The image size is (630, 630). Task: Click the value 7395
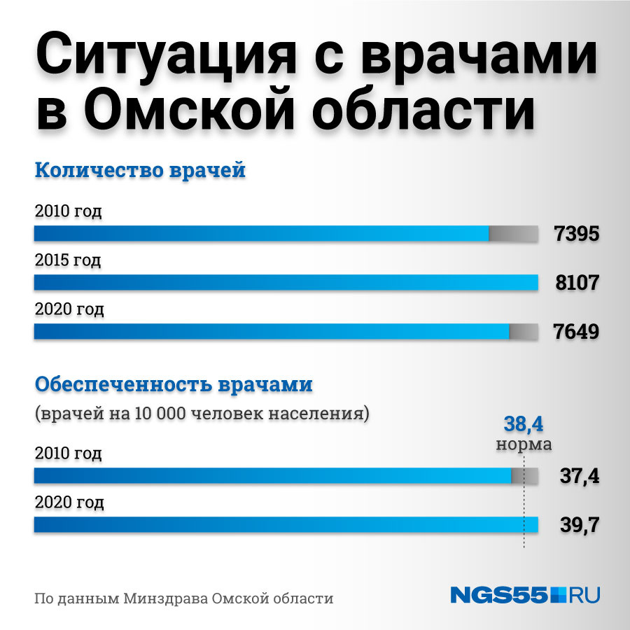pyautogui.click(x=577, y=233)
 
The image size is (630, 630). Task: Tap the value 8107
pyautogui.click(x=577, y=283)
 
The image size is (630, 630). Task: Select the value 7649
pyautogui.click(x=576, y=332)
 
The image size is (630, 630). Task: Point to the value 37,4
pyautogui.click(x=580, y=476)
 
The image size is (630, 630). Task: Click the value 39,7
pyautogui.click(x=580, y=525)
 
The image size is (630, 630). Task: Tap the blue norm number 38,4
pyautogui.click(x=523, y=424)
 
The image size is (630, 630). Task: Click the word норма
pyautogui.click(x=524, y=444)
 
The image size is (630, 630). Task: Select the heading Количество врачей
pyautogui.click(x=140, y=170)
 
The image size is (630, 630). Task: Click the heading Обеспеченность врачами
pyautogui.click(x=174, y=384)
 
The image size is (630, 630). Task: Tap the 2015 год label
pyautogui.click(x=68, y=260)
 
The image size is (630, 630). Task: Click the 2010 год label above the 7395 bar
pyautogui.click(x=69, y=211)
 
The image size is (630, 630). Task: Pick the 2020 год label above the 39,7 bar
pyautogui.click(x=69, y=502)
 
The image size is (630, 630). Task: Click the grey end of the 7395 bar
pyautogui.click(x=514, y=233)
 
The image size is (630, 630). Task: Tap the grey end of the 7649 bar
pyautogui.click(x=524, y=332)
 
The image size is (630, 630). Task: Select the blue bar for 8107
pyautogui.click(x=286, y=283)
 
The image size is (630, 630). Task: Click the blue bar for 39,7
pyautogui.click(x=286, y=525)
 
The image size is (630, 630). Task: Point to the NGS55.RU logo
pyautogui.click(x=525, y=595)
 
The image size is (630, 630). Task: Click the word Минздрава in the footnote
pyautogui.click(x=165, y=598)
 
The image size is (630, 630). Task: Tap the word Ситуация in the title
pyautogui.click(x=165, y=55)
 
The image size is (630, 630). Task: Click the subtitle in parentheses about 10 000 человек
pyautogui.click(x=202, y=414)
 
